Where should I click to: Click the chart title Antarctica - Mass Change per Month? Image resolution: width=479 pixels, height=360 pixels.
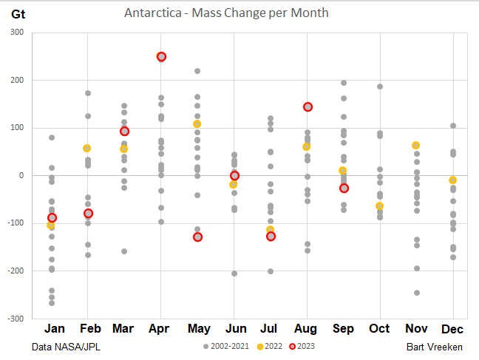[226, 13]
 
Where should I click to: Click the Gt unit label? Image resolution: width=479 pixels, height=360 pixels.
[19, 13]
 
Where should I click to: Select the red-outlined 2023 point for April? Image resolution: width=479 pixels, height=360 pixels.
[161, 57]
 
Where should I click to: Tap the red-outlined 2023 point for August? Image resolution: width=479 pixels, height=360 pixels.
[308, 107]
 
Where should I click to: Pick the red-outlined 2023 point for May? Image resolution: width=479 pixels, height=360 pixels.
[197, 237]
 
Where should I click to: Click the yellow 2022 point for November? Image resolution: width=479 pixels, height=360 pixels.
[417, 146]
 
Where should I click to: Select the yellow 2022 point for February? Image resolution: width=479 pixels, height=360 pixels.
[88, 149]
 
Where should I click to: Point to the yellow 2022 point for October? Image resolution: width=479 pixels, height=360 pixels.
[380, 206]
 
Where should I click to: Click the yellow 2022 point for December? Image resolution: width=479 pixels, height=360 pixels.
[453, 180]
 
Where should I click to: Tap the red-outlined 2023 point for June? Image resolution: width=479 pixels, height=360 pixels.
[234, 176]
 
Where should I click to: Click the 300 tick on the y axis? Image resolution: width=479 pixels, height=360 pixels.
[17, 33]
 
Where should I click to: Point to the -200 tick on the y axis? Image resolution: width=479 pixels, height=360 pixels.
[15, 271]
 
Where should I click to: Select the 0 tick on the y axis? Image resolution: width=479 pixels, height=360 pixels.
[21, 176]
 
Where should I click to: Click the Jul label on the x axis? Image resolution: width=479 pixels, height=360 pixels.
[271, 328]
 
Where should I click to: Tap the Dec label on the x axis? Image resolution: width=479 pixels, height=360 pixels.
[453, 328]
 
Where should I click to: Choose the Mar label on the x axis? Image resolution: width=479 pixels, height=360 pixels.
[124, 328]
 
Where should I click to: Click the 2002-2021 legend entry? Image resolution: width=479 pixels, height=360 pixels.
[227, 346]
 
